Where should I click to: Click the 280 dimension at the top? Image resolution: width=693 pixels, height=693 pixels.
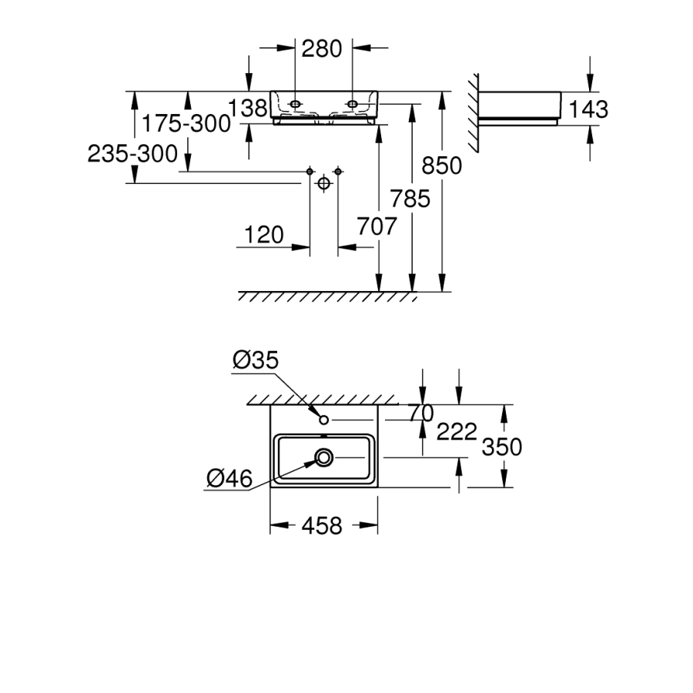click(x=321, y=49)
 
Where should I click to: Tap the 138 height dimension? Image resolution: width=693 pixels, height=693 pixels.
click(x=248, y=109)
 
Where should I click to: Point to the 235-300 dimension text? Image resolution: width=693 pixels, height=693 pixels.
click(x=132, y=154)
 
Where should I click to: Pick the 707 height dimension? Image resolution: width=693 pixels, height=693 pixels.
click(x=377, y=227)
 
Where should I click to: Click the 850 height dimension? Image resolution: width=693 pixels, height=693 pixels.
click(x=444, y=166)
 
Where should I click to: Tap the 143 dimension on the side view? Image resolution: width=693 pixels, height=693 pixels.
click(x=589, y=109)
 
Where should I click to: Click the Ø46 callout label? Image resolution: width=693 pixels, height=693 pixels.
click(x=230, y=479)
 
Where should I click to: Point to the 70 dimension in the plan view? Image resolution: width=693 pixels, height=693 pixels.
click(x=421, y=413)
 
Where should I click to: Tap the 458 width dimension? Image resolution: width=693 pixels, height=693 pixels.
click(x=322, y=526)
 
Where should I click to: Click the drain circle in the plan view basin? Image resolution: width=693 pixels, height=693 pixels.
click(x=324, y=458)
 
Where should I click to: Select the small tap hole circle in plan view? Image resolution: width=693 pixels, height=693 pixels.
click(x=324, y=419)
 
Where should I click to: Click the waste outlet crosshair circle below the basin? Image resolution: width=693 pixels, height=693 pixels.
click(x=323, y=183)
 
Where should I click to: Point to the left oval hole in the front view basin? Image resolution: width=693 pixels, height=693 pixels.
click(x=297, y=102)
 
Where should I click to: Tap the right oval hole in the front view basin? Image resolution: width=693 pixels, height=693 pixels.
click(x=352, y=102)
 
